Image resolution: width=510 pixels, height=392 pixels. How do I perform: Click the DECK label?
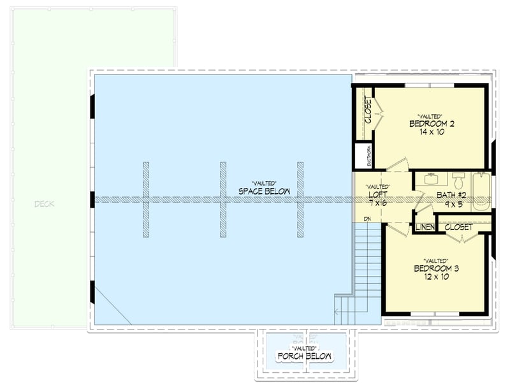(x=45, y=204)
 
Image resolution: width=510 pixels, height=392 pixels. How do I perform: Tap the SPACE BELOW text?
(x=264, y=191)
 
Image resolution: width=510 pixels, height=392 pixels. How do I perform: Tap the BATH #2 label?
(x=453, y=194)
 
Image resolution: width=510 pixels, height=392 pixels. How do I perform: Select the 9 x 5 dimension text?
(x=453, y=205)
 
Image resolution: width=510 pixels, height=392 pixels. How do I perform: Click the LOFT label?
(x=379, y=194)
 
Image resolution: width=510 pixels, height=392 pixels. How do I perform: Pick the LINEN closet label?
(x=425, y=228)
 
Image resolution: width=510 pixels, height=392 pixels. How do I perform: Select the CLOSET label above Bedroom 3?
(x=458, y=227)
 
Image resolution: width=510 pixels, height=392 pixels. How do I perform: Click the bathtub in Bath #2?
(x=481, y=192)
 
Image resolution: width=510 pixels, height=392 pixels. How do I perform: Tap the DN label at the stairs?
(x=368, y=220)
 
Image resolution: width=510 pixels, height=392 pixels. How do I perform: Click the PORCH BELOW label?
(x=305, y=356)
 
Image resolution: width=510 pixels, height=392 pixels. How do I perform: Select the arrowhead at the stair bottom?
(x=337, y=312)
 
